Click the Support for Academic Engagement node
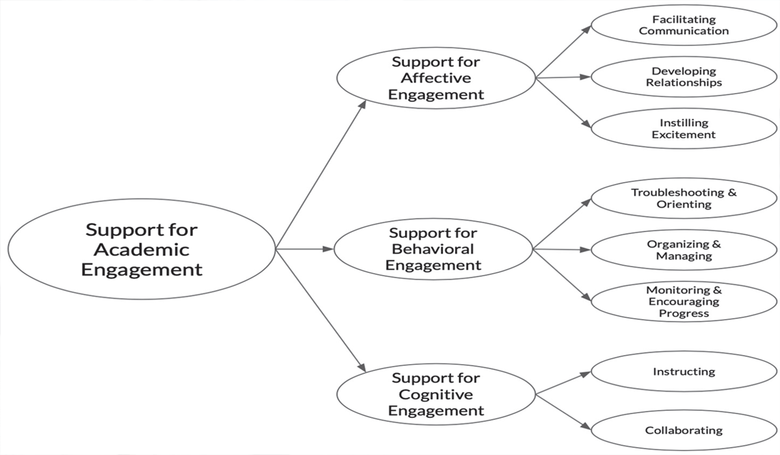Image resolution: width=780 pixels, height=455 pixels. point(142,249)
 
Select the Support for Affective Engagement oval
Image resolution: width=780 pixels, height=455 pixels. point(436,78)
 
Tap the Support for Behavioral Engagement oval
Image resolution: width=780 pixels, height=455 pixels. point(434,249)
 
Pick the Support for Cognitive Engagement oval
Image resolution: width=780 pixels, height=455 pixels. point(436,394)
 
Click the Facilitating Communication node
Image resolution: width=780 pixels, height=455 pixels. point(683,25)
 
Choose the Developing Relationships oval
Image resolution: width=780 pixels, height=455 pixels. point(683,77)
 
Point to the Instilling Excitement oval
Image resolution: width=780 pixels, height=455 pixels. point(683,129)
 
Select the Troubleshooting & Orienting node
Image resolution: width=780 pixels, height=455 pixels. point(683,198)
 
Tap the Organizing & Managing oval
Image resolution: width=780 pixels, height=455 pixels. point(683,250)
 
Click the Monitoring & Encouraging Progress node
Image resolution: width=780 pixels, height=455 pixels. point(683,302)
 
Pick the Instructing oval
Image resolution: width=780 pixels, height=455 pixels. point(683,372)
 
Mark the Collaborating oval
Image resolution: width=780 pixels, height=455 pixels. point(683,430)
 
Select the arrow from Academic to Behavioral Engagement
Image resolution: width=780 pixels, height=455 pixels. point(304,249)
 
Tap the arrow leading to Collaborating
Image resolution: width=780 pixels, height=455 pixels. point(563,411)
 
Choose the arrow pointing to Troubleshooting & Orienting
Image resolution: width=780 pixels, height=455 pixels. point(562,224)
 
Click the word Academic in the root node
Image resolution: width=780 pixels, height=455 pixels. point(142,250)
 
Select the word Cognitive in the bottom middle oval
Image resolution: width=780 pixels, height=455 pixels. point(436,394)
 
